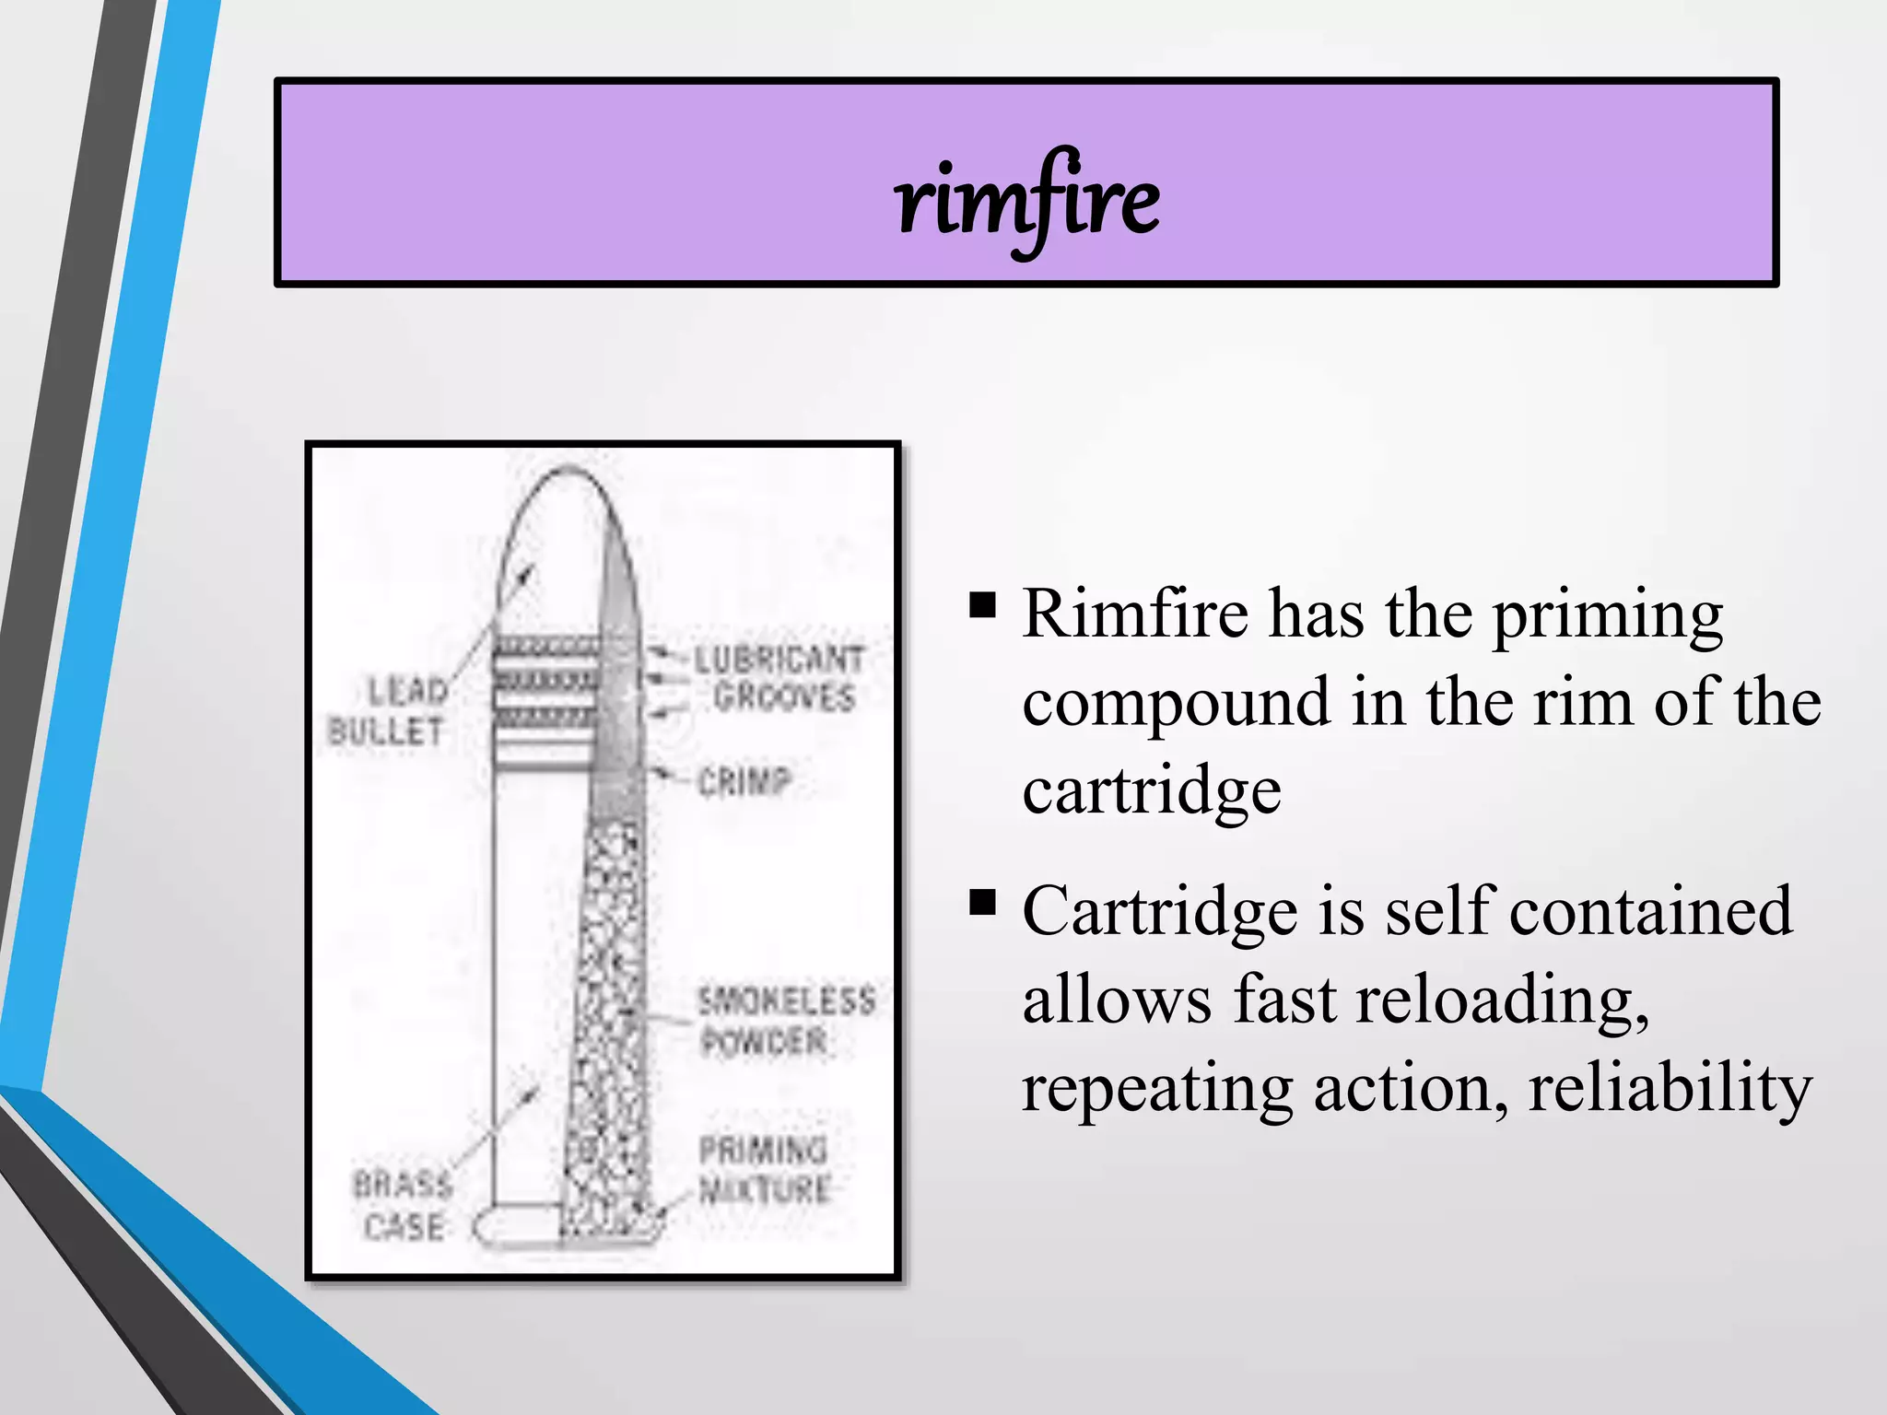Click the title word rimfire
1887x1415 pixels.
point(1027,201)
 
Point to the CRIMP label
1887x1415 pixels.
point(744,782)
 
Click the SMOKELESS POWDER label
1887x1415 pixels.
point(785,1020)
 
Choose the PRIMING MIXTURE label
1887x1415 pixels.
point(764,1169)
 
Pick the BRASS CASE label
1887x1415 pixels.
point(403,1205)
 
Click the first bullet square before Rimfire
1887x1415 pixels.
point(983,604)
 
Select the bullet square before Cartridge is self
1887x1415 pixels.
point(983,902)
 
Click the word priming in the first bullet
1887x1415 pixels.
point(1607,615)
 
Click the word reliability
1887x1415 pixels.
point(1670,1088)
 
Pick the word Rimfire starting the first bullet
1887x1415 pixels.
point(1135,614)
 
